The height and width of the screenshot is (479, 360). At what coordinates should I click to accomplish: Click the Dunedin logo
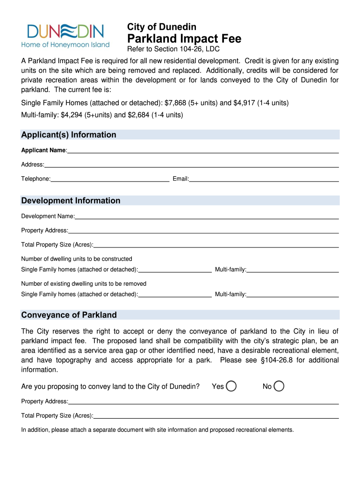pyautogui.click(x=65, y=36)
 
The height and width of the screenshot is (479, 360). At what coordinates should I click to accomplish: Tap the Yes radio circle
pyautogui.click(x=231, y=386)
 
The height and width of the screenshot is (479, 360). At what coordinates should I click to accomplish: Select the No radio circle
pyautogui.click(x=279, y=386)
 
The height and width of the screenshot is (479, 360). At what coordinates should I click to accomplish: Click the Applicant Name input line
pyautogui.click(x=203, y=150)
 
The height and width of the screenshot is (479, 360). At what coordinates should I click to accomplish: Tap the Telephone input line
pyautogui.click(x=110, y=178)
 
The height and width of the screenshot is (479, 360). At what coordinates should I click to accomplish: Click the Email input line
pyautogui.click(x=264, y=178)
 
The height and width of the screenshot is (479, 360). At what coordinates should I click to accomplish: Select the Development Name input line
pyautogui.click(x=207, y=216)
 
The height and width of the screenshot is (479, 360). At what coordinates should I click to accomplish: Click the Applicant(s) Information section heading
pyautogui.click(x=69, y=135)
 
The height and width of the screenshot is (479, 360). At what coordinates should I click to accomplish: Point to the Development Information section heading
pyautogui.click(x=71, y=201)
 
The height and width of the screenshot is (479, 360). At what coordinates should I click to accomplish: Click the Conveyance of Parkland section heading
pyautogui.click(x=69, y=315)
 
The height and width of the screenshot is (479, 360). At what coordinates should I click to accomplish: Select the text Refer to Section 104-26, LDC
pyautogui.click(x=173, y=49)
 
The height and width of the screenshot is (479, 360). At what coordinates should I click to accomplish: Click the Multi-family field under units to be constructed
pyautogui.click(x=293, y=269)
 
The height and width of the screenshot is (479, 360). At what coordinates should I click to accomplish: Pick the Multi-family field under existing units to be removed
pyautogui.click(x=293, y=294)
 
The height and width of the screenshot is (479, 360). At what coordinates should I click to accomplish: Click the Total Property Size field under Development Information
pyautogui.click(x=216, y=245)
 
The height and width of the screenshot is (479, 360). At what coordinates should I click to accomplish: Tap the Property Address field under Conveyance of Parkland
pyautogui.click(x=203, y=401)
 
